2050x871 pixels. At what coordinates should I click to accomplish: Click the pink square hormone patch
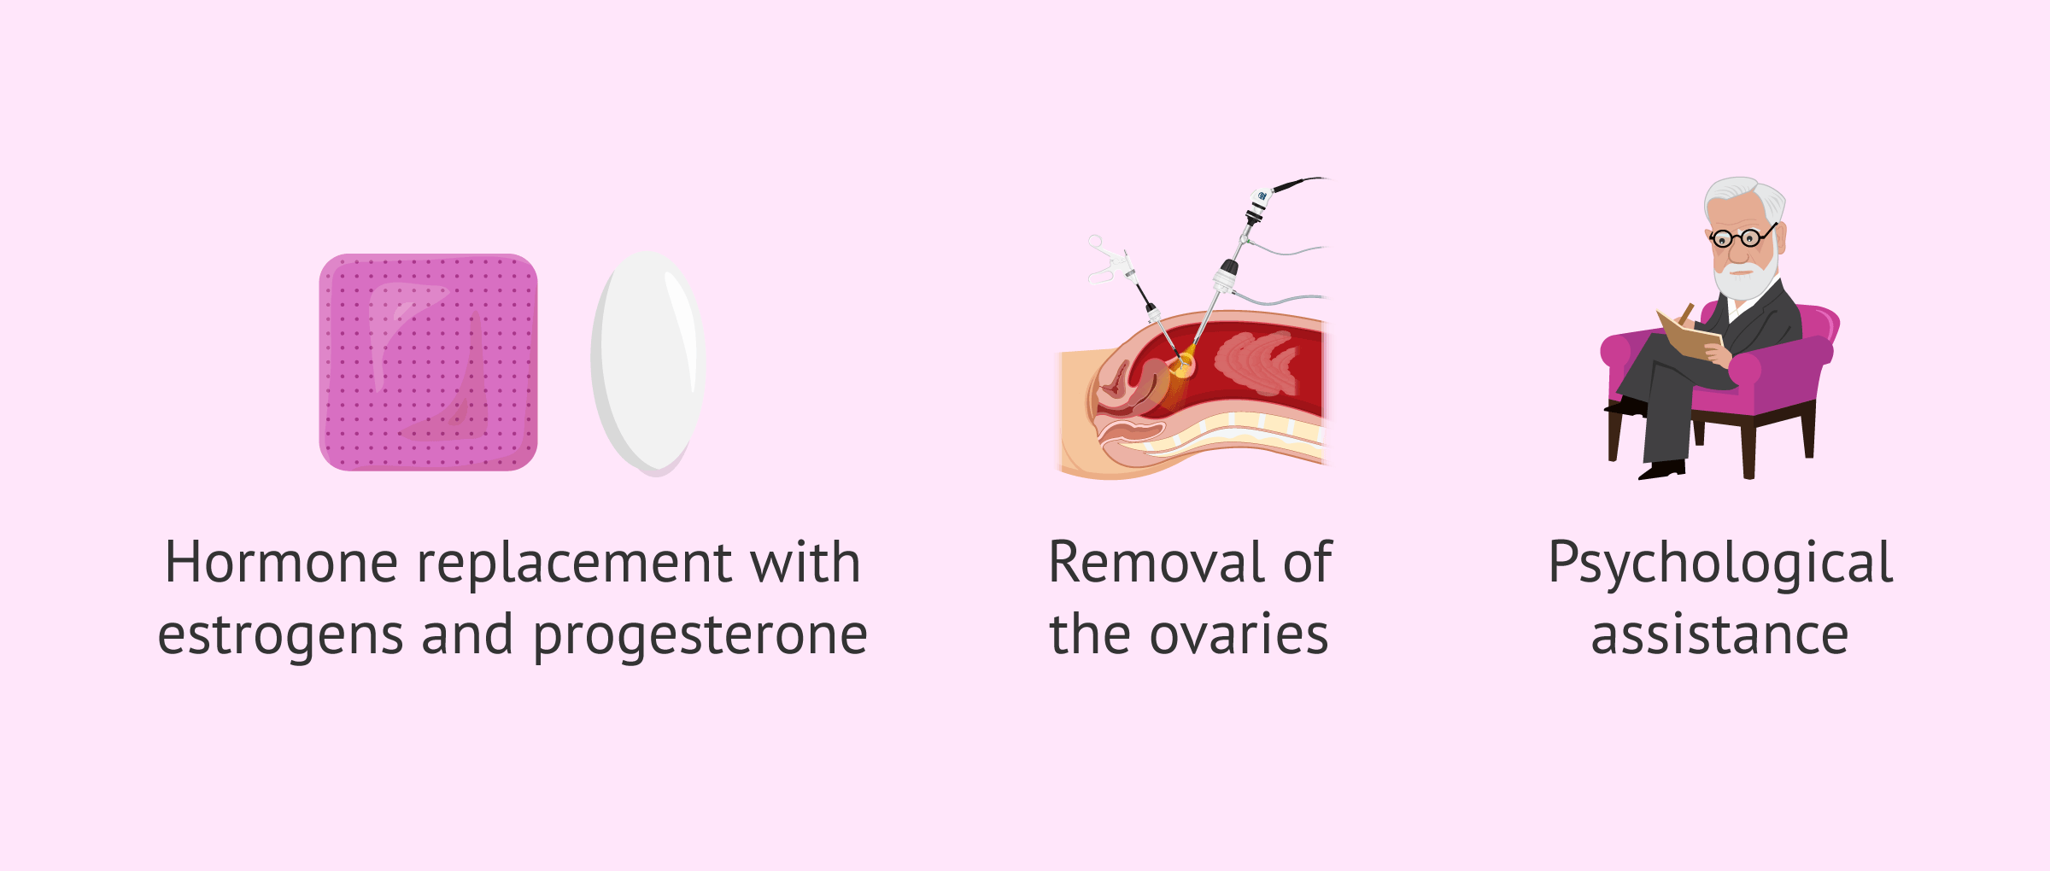tap(428, 362)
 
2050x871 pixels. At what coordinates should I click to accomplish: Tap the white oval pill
tap(648, 363)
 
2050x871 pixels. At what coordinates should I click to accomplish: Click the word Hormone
tap(281, 563)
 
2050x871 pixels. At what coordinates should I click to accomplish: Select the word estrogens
tap(280, 636)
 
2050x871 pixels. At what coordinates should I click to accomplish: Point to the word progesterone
tap(700, 636)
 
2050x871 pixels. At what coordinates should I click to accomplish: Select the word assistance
tap(1719, 636)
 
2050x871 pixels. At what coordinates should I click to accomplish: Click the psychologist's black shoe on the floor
tap(1662, 471)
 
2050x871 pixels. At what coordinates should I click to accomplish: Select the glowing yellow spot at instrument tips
tap(1183, 368)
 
